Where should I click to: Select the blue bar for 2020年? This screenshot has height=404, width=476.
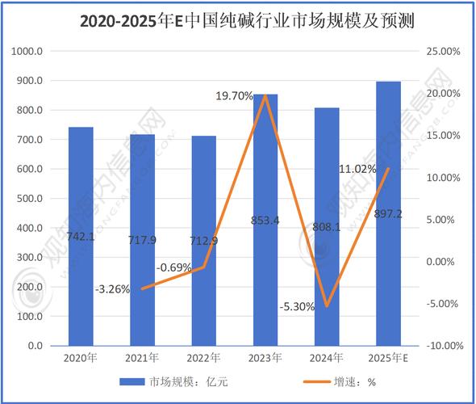(x=81, y=242)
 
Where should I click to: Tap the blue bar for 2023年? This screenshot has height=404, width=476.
(x=265, y=242)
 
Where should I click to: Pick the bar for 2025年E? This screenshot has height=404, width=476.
(x=389, y=242)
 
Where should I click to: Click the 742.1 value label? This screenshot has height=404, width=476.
(x=81, y=235)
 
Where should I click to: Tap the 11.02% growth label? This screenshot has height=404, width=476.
(x=357, y=169)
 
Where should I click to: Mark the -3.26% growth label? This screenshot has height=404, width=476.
(x=113, y=288)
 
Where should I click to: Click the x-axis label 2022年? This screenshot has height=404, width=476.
(x=204, y=357)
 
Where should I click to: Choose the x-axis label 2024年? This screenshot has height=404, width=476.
(x=327, y=357)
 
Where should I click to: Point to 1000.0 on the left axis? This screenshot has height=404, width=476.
(x=27, y=52)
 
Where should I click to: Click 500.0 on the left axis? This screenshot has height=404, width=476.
(x=30, y=199)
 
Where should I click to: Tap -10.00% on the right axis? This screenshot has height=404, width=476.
(x=442, y=346)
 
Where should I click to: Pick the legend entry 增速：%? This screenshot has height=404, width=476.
(x=349, y=383)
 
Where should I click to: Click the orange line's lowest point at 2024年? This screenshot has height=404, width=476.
(x=327, y=306)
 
